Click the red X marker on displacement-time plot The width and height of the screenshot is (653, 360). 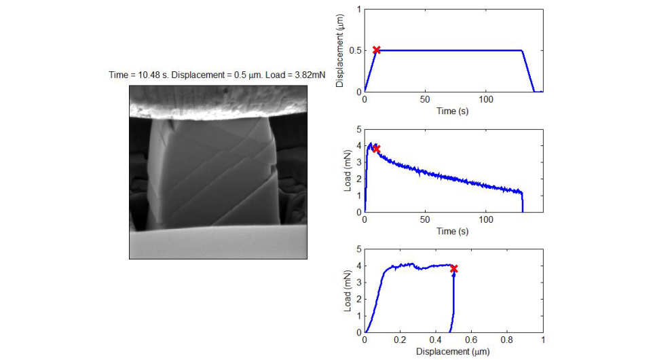tap(377, 50)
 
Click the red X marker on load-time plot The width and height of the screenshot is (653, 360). tap(376, 148)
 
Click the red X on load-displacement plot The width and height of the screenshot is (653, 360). tap(453, 269)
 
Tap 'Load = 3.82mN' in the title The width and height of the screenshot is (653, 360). tap(293, 75)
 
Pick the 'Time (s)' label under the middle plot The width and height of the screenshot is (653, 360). tap(453, 232)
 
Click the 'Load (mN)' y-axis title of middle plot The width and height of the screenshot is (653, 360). tap(348, 170)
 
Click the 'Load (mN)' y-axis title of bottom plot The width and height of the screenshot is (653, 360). tap(348, 291)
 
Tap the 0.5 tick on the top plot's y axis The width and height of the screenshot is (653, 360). tap(356, 50)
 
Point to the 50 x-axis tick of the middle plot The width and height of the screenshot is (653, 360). tap(425, 221)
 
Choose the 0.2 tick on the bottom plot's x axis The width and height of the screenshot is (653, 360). tap(400, 341)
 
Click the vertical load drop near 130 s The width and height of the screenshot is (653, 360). tap(523, 202)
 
